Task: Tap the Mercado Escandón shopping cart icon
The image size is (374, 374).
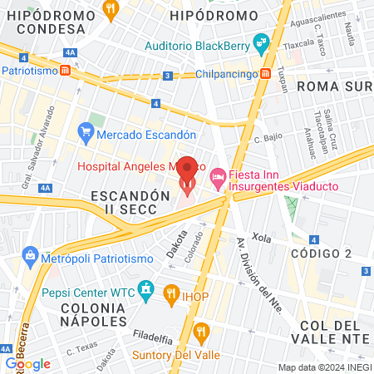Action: [x=85, y=130]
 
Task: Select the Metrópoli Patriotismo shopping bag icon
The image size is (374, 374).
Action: [x=31, y=253]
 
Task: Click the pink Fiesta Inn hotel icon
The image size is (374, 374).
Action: [x=218, y=175]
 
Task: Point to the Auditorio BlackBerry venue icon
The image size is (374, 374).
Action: [x=261, y=41]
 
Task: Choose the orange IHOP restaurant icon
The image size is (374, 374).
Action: [x=172, y=292]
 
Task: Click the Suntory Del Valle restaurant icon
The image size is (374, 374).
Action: [x=200, y=333]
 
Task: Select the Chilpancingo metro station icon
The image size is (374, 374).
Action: [x=265, y=74]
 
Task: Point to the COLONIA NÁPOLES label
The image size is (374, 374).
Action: [x=82, y=313]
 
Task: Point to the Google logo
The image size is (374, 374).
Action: [x=27, y=363]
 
